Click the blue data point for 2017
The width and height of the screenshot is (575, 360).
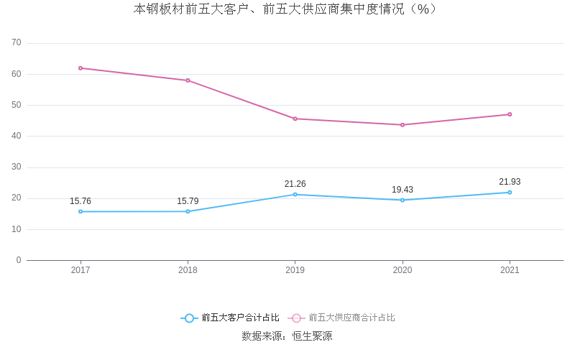pyautogui.click(x=80, y=211)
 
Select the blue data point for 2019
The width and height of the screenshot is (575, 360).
pyautogui.click(x=295, y=195)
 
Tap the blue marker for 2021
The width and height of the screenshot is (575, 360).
pyautogui.click(x=510, y=193)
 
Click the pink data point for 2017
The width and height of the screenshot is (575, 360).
pyautogui.click(x=80, y=68)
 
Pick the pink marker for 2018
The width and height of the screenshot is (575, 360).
pyautogui.click(x=188, y=80)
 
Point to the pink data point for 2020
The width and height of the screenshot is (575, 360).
pyautogui.click(x=402, y=125)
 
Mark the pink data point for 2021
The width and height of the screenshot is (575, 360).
pyautogui.click(x=510, y=114)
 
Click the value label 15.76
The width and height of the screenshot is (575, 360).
pyautogui.click(x=80, y=201)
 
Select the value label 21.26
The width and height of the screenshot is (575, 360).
pyautogui.click(x=295, y=184)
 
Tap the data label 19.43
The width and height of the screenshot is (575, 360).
pyautogui.click(x=402, y=190)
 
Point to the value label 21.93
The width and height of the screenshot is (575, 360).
pyautogui.click(x=510, y=182)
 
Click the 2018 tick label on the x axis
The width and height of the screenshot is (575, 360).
pyautogui.click(x=188, y=271)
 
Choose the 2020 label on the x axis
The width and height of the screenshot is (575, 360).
pyautogui.click(x=402, y=271)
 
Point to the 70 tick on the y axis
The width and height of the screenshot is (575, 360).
pyautogui.click(x=17, y=43)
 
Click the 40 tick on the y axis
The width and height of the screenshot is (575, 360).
pyautogui.click(x=17, y=136)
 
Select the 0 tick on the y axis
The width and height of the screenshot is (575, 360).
pyautogui.click(x=19, y=260)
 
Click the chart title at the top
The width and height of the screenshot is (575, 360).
pyautogui.click(x=286, y=9)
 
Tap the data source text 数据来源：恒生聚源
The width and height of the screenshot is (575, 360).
pyautogui.click(x=287, y=336)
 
